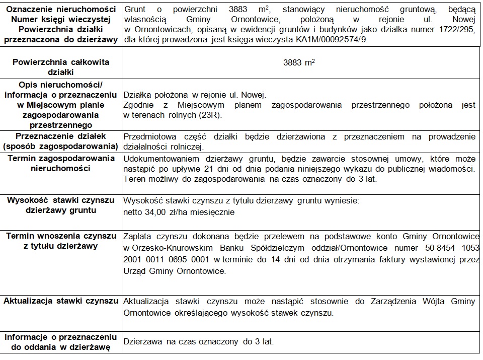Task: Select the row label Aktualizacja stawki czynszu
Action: click(61, 301)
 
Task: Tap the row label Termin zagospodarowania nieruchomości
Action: click(61, 163)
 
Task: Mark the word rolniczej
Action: click(185, 147)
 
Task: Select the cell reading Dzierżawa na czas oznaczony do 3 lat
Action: click(199, 341)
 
